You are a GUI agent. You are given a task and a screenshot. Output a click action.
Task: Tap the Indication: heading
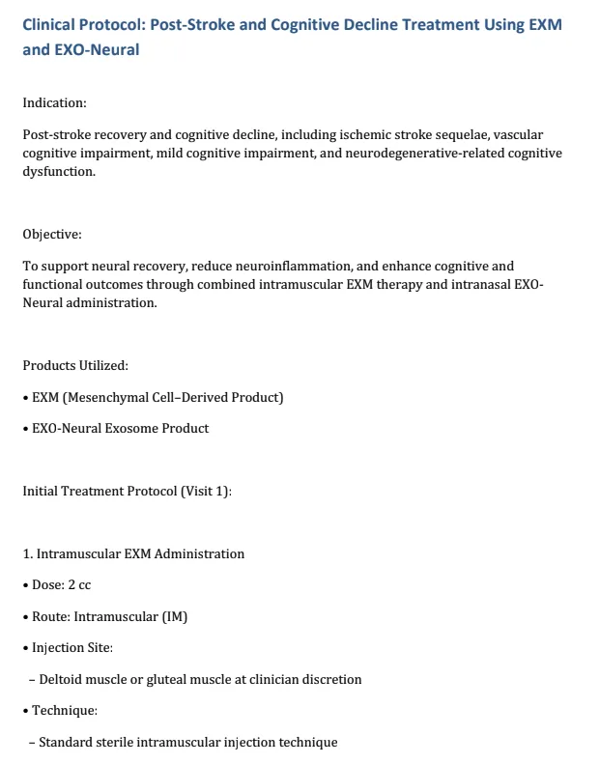click(x=54, y=102)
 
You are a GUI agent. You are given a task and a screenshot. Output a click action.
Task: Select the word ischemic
click(x=384, y=135)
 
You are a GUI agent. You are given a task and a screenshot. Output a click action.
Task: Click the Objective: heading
click(x=52, y=234)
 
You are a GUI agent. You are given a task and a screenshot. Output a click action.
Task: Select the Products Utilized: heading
click(x=75, y=365)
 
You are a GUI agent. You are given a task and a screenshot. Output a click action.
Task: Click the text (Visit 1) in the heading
click(x=205, y=491)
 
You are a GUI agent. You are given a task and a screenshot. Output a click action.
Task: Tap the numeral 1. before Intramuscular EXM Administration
click(x=28, y=553)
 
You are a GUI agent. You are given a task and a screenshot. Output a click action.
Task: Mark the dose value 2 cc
click(x=80, y=585)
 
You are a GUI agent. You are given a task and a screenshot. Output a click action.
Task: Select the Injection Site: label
click(x=72, y=647)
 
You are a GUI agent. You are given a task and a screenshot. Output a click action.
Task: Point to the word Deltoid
click(x=61, y=679)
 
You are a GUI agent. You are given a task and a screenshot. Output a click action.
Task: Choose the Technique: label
click(x=65, y=710)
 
